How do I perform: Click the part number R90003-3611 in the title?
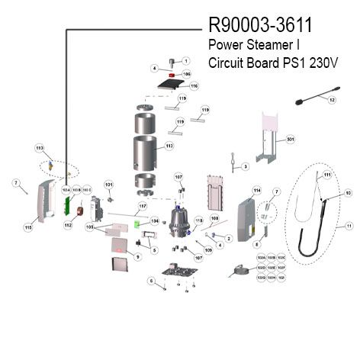pyautogui.click(x=260, y=27)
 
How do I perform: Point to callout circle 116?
pyautogui.click(x=194, y=87)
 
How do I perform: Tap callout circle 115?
pyautogui.click(x=28, y=227)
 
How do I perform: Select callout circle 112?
pyautogui.click(x=67, y=225)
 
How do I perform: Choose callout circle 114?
pyautogui.click(x=257, y=190)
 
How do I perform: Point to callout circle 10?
pyautogui.click(x=348, y=194)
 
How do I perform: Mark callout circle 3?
pyautogui.click(x=245, y=166)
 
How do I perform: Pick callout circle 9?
pyautogui.click(x=137, y=257)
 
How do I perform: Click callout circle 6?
pyautogui.click(x=152, y=280)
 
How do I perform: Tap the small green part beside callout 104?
pyautogui.click(x=137, y=223)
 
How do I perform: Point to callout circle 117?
pyautogui.click(x=141, y=206)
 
